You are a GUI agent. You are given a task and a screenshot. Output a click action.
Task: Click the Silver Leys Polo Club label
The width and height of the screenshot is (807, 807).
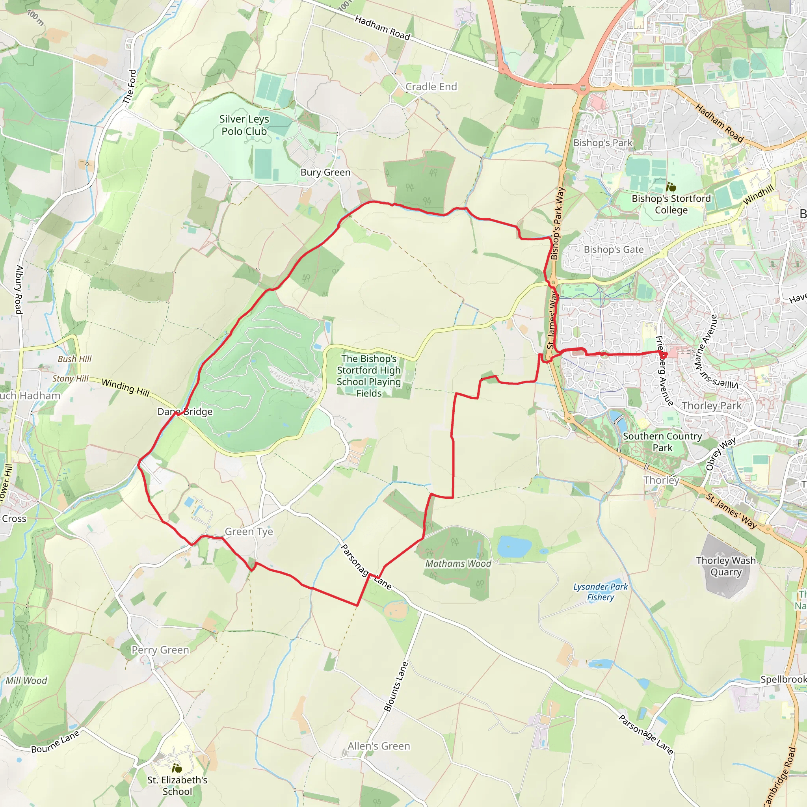coord(244,125)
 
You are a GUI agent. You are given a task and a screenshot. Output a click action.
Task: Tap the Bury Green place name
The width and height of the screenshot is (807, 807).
coord(325,173)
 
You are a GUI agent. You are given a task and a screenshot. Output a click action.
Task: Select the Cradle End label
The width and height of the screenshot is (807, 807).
coord(431,87)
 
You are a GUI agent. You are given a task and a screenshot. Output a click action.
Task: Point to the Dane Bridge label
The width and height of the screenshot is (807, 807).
coord(185,412)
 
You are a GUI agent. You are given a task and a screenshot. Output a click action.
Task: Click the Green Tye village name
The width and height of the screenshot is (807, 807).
coord(249,532)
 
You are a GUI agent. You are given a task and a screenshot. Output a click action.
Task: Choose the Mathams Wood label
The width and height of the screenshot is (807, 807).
coord(458,564)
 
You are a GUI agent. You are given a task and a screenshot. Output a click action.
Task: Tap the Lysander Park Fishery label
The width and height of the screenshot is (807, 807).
coord(600,592)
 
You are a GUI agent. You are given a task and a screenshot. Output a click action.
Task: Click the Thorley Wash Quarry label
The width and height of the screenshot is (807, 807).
coord(726,566)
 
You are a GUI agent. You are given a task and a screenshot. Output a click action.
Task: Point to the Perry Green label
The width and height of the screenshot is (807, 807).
coord(160,650)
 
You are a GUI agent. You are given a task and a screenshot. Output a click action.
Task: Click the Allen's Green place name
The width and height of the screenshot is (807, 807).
coord(379,746)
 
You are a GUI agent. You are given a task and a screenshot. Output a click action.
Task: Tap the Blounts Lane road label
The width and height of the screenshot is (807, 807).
coord(396,687)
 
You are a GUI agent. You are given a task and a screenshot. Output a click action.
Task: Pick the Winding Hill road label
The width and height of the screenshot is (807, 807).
coord(125,387)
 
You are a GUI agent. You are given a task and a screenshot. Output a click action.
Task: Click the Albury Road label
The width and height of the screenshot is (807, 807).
coord(19,290)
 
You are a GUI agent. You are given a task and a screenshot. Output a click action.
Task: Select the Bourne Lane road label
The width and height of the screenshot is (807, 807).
coord(55,742)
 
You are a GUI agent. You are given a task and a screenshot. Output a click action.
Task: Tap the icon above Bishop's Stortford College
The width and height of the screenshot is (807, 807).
coord(671,187)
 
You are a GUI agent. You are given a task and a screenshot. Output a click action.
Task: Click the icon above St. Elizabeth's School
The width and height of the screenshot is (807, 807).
coord(177,768)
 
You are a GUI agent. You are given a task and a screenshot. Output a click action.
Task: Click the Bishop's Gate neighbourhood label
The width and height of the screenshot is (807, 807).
coord(614,250)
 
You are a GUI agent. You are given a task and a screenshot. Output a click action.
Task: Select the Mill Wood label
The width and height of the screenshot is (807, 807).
coord(26,681)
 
